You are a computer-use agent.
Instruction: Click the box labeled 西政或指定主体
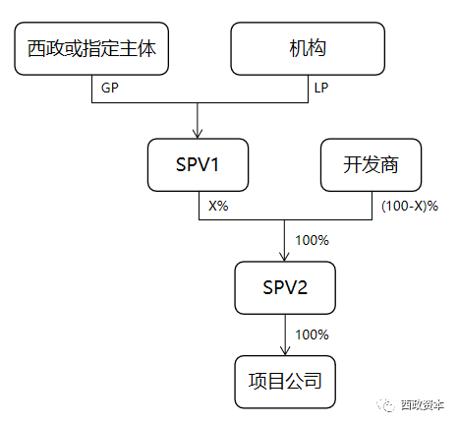coord(93,47)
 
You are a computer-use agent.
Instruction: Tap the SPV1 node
coord(198,165)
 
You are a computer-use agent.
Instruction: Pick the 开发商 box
coord(371,165)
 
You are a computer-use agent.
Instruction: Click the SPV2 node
coord(285,287)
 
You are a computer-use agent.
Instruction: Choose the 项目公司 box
coord(285,381)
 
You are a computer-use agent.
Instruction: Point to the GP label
coord(110,88)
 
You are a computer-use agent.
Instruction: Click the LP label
coord(321,88)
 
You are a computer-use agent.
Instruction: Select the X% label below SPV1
coord(218,206)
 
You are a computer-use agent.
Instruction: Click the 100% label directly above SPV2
coord(312,240)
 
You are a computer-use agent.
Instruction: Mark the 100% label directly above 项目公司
coord(312,334)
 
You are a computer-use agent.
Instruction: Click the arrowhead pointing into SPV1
coord(198,134)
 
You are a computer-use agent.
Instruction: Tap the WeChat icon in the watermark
coord(383,403)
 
